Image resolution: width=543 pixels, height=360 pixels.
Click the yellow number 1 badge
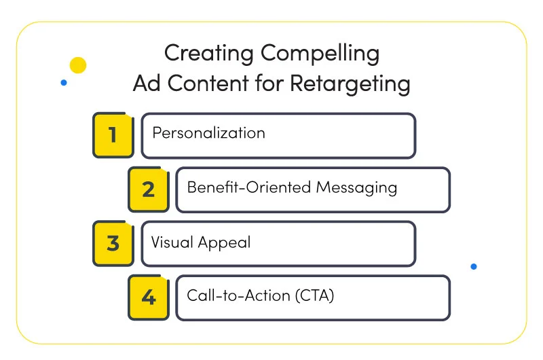[x=113, y=135]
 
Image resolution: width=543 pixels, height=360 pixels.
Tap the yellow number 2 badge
[x=149, y=190]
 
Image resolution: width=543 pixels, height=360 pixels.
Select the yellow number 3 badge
[x=113, y=243]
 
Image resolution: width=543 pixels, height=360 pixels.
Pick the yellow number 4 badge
[x=149, y=298]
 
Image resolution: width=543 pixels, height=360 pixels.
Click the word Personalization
[x=209, y=133]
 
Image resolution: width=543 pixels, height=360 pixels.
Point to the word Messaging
[x=356, y=188]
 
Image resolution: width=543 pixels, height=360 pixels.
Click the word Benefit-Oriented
[x=249, y=187]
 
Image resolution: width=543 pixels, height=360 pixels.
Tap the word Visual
[x=172, y=242]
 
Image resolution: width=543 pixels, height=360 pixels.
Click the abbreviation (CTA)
[x=315, y=295]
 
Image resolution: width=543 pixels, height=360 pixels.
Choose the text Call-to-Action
[x=239, y=295]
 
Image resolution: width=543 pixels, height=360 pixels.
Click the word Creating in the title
[x=209, y=54]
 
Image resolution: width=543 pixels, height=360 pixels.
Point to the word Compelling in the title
[x=320, y=54]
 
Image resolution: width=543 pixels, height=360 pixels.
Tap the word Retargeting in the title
[x=350, y=84]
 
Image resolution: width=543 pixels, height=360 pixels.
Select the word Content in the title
[x=208, y=84]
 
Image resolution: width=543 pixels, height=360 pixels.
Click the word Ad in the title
[x=147, y=84]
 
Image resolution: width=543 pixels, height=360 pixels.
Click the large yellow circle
[x=78, y=65]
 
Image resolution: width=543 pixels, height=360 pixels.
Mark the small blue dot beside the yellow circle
[x=64, y=82]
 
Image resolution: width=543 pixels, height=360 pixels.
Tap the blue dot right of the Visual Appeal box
[x=474, y=266]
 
